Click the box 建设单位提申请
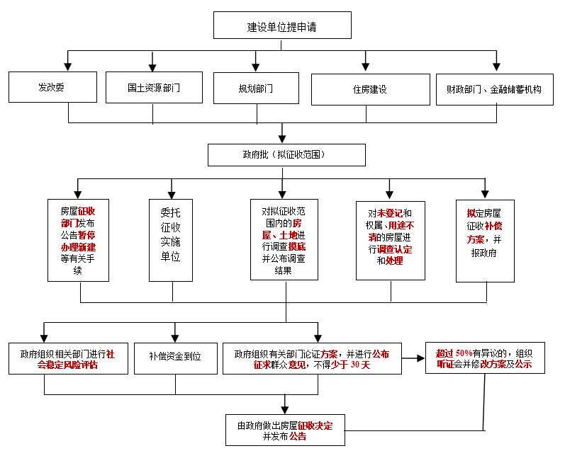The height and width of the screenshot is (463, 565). point(282,25)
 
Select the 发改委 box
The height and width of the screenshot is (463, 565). point(52,87)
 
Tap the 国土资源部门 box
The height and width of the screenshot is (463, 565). point(154,87)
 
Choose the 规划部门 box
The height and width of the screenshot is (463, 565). point(256,88)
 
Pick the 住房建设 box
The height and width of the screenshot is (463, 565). point(371,90)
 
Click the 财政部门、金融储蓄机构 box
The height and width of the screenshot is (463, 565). point(494,90)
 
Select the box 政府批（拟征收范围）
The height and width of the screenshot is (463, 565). point(286,155)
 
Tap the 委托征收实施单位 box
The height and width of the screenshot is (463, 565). point(171,240)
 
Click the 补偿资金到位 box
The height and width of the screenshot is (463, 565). point(176,359)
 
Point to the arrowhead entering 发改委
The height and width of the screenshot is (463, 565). point(67,67)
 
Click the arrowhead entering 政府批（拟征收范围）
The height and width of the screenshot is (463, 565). point(282,139)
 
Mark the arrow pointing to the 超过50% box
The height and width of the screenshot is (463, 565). point(413,358)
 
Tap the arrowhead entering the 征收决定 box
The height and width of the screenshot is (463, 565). point(285,410)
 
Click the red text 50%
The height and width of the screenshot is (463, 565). point(464,353)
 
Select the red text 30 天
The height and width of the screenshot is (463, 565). point(360,365)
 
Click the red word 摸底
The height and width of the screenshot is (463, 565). point(297,247)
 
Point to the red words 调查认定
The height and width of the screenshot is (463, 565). point(395,249)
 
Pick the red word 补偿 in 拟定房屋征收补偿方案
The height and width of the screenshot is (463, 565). point(493,227)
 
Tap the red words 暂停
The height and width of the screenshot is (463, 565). point(86,235)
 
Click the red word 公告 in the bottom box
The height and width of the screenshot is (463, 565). point(298,436)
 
